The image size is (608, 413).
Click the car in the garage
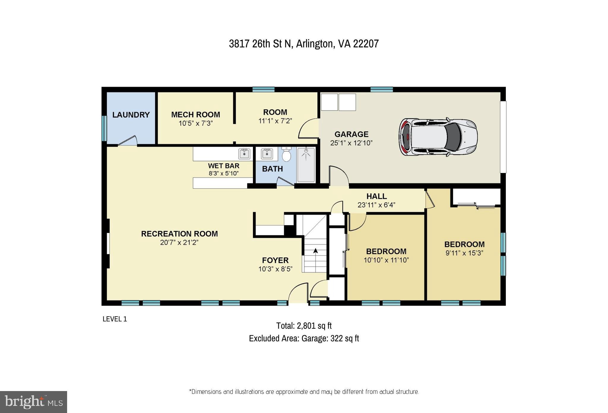pyautogui.click(x=438, y=137)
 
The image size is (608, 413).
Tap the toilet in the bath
pyautogui.click(x=286, y=155)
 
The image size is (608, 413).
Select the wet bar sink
pyautogui.click(x=244, y=154)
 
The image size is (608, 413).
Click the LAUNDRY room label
pyautogui.click(x=131, y=115)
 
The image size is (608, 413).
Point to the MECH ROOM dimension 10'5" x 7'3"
pyautogui.click(x=196, y=123)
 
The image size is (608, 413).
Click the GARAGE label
pyautogui.click(x=351, y=134)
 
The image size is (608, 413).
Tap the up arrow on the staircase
pyautogui.click(x=316, y=251)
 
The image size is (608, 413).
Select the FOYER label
pyautogui.click(x=275, y=260)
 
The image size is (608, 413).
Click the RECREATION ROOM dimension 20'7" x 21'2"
pyautogui.click(x=179, y=242)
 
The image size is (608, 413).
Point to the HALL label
pyautogui.click(x=376, y=196)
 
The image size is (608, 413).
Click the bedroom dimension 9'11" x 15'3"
pyautogui.click(x=464, y=253)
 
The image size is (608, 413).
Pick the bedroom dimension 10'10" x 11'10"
pyautogui.click(x=386, y=260)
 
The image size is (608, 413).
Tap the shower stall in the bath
pyautogui.click(x=306, y=165)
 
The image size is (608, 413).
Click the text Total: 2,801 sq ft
pyautogui.click(x=304, y=326)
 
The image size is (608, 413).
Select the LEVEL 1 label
pyautogui.click(x=115, y=319)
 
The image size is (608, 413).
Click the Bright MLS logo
pyautogui.click(x=34, y=402)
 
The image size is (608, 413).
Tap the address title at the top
pyautogui.click(x=304, y=44)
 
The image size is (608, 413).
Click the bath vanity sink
pyautogui.click(x=267, y=154)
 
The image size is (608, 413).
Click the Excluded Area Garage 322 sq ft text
pyautogui.click(x=304, y=338)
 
